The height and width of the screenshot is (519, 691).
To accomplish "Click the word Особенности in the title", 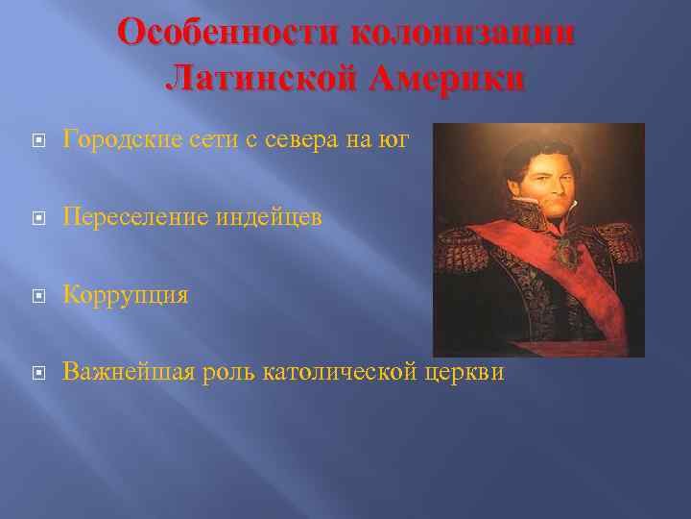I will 228,33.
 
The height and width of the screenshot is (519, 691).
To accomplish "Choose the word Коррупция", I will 125,295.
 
